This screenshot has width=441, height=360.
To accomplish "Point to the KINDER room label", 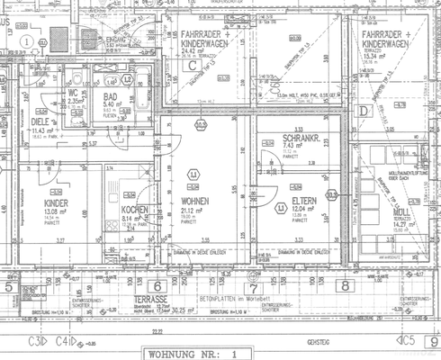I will (x=56, y=204).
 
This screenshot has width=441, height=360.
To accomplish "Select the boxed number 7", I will (x=253, y=286).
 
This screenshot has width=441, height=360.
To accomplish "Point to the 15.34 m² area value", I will (x=382, y=56).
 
